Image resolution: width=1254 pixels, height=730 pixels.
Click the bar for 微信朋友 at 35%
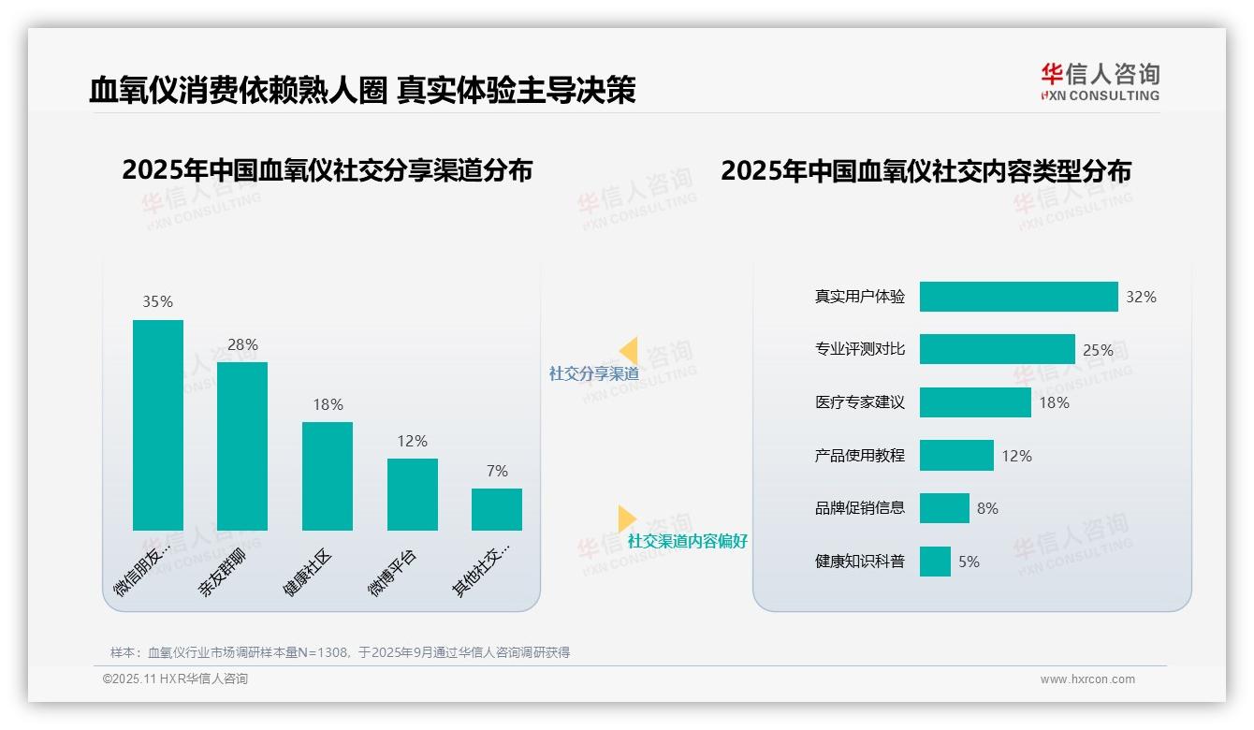(x=157, y=425)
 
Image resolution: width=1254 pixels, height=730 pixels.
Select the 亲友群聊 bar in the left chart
(x=242, y=446)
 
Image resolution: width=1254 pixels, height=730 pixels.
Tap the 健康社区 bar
(x=328, y=476)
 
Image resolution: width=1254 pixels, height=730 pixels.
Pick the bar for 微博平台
(x=413, y=494)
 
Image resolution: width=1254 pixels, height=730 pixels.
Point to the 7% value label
(x=497, y=471)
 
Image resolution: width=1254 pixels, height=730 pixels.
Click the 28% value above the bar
(x=242, y=344)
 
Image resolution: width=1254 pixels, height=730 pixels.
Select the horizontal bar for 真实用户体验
(x=1018, y=297)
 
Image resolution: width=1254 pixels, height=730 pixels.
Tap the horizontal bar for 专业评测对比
(x=997, y=350)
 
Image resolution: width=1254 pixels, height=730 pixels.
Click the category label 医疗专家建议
(x=859, y=402)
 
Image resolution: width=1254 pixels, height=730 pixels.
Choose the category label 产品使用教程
(x=859, y=456)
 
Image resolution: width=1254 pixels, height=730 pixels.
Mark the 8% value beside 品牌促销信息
(x=987, y=508)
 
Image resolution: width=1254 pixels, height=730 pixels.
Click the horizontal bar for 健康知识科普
(x=935, y=562)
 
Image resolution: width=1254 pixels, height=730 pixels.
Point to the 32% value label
(x=1141, y=297)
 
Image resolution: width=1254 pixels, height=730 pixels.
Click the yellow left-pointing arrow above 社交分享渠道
(x=629, y=351)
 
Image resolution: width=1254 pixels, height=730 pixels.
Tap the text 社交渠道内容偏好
(x=687, y=541)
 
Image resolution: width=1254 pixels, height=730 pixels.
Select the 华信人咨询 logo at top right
(x=1100, y=81)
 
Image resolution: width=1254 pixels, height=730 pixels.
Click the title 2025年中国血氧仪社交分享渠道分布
(x=327, y=170)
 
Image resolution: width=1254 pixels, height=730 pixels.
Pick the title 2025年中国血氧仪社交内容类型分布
(x=926, y=170)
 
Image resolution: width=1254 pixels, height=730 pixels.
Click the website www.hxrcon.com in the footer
(x=1087, y=679)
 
